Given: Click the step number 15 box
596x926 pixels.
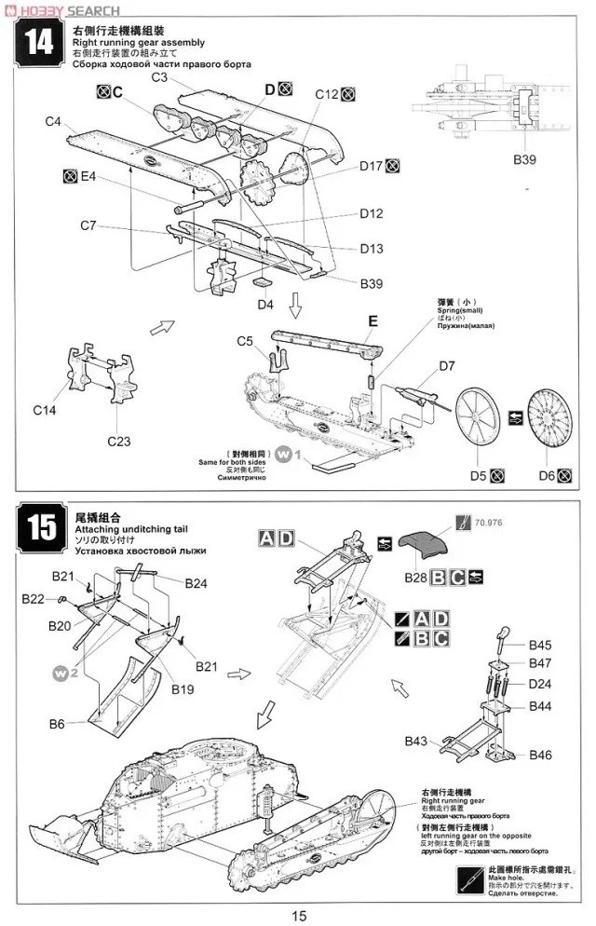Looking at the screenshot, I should (40, 528).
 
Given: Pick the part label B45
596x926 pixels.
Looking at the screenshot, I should (540, 645).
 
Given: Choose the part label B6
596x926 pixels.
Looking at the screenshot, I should (57, 723).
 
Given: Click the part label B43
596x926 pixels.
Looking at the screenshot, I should (416, 742).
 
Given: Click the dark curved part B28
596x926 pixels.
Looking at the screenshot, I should (429, 544).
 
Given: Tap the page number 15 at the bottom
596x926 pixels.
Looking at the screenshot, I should (298, 915).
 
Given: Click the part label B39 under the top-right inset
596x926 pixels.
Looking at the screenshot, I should (525, 159).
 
